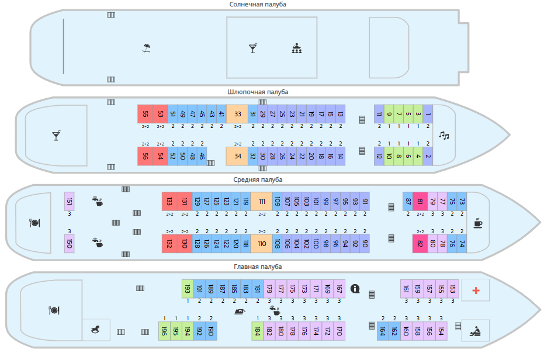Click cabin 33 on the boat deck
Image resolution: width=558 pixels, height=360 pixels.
237,114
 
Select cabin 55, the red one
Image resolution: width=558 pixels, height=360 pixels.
145,114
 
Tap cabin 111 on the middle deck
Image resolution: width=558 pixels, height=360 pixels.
262,201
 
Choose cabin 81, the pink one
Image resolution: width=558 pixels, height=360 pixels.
420,201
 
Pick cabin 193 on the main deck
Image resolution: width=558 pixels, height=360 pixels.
188,289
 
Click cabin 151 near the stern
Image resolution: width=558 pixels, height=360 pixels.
70,201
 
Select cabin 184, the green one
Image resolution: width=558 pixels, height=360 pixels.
257,331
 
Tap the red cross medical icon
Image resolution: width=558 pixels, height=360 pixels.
476,290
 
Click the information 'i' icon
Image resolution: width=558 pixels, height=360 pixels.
355,288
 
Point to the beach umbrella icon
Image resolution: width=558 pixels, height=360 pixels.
146,48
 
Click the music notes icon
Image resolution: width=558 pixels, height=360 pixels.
444,136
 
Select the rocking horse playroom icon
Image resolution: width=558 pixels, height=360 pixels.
95,330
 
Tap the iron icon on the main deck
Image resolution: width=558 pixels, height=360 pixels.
240,311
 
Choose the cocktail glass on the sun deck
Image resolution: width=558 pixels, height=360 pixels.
252,48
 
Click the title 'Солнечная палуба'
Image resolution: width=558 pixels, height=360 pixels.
258,5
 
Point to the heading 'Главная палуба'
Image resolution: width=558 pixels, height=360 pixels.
258,267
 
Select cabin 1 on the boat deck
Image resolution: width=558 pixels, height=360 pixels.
428,114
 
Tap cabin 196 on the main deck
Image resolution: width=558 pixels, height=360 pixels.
164,331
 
